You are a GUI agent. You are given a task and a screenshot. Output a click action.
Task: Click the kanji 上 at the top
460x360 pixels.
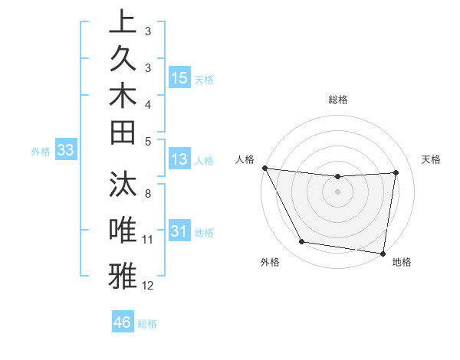tap(123, 22)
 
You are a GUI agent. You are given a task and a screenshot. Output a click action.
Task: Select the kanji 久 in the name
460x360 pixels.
tap(123, 59)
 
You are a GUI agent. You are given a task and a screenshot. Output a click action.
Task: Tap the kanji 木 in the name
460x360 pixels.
tap(123, 96)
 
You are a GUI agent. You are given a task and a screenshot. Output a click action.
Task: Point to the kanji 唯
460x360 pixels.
tap(123, 231)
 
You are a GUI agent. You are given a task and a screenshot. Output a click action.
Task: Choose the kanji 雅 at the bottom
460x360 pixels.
tap(123, 275)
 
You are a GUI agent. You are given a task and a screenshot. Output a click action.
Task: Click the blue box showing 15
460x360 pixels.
tap(179, 77)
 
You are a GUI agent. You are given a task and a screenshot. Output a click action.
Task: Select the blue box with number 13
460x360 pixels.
tap(179, 159)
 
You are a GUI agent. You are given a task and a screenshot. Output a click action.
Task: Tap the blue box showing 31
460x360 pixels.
tap(179, 231)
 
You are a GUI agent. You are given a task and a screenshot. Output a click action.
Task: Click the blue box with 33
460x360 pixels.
tap(65, 151)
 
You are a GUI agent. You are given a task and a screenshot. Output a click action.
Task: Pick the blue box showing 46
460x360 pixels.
tap(123, 322)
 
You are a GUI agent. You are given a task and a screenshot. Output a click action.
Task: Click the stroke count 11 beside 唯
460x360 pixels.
tap(148, 240)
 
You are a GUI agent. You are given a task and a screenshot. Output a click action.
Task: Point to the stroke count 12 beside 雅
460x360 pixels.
tap(148, 286)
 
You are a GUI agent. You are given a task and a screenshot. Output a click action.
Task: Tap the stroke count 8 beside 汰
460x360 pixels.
tap(148, 194)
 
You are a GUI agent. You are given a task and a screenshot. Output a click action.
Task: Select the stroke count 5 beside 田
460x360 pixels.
tap(148, 141)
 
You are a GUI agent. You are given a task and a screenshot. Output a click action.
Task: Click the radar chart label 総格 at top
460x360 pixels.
tap(338, 100)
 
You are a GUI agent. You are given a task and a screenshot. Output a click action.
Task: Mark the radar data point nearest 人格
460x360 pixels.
tap(264, 168)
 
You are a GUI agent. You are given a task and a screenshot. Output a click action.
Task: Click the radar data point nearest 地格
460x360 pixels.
tap(383, 253)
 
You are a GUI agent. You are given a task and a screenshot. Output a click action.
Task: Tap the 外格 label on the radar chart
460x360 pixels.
tap(270, 262)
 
